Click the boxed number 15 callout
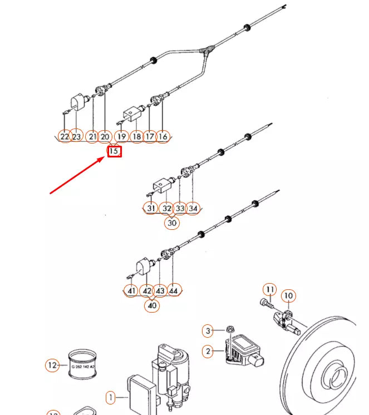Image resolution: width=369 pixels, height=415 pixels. [114, 151]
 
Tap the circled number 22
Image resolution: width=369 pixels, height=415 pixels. [65, 136]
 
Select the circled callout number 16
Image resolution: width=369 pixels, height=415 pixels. [163, 136]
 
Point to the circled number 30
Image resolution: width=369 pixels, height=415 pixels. [172, 223]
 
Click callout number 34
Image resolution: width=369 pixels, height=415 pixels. [193, 208]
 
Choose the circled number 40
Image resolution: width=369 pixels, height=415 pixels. [151, 305]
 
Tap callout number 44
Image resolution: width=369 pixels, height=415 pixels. [174, 290]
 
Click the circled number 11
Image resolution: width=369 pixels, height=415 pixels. [269, 289]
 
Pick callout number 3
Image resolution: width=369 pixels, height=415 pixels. [207, 331]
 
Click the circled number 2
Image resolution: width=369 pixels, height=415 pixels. [208, 351]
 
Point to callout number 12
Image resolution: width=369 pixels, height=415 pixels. [52, 365]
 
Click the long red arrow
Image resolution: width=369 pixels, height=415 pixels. [78, 175]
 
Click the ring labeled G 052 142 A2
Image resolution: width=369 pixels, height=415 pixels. [82, 364]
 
